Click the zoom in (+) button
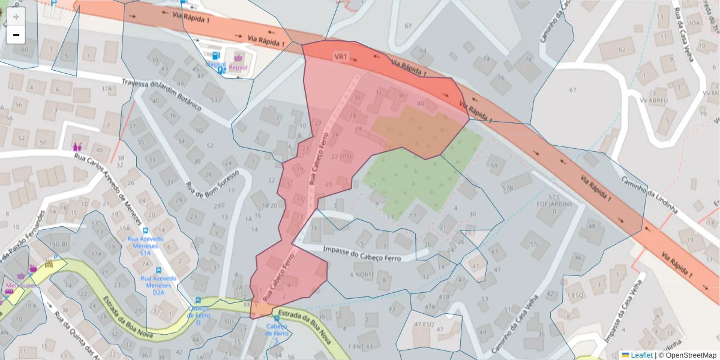(x=16, y=17)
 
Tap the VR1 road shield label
(x=341, y=56)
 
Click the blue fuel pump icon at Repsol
(x=222, y=70)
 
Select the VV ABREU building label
(x=655, y=101)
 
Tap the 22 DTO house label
(x=341, y=157)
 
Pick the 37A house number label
(x=107, y=89)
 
